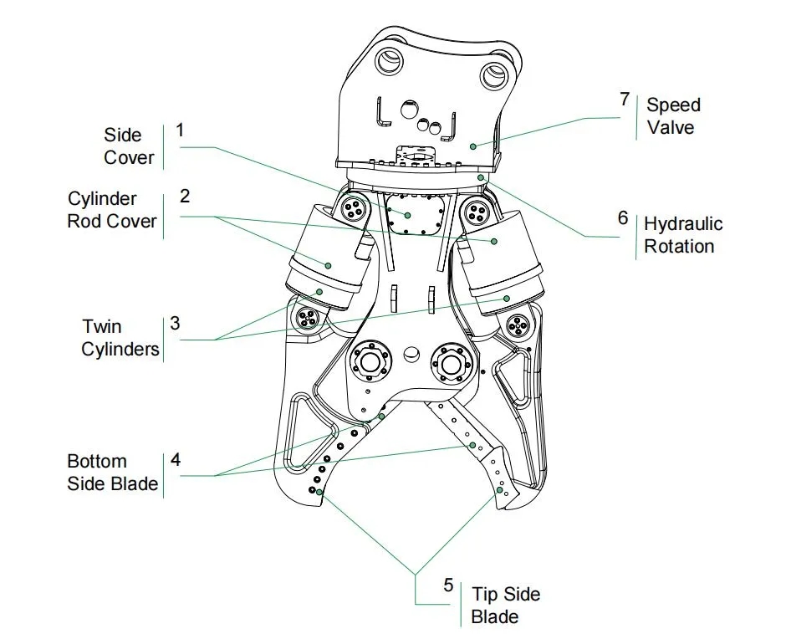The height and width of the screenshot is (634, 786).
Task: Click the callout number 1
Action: point(179,130)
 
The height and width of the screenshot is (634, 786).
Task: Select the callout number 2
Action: point(185,196)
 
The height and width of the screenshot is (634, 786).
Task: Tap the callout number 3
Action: point(175,323)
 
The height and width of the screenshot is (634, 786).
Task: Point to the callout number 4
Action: point(176,459)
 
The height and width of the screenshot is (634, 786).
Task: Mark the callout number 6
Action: point(622,218)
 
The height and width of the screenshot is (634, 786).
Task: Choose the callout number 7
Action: point(624,100)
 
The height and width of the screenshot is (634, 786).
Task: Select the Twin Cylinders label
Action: point(120,337)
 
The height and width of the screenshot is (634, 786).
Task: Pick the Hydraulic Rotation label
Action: point(683,235)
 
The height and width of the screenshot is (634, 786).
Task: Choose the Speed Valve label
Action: point(673,116)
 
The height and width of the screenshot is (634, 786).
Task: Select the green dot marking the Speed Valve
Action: point(473,146)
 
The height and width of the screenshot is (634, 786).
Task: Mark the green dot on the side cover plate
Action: point(407,215)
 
